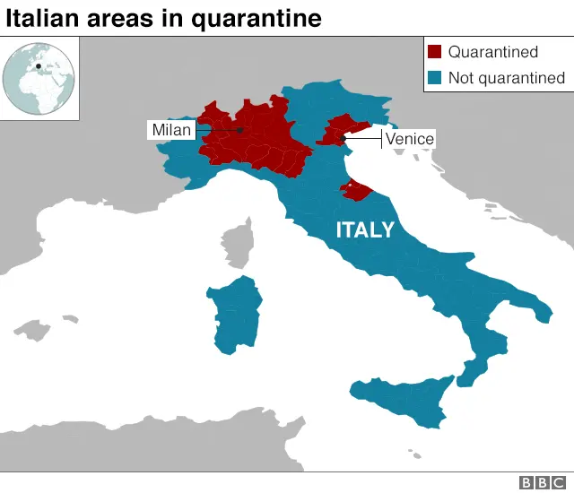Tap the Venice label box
(x=409, y=139)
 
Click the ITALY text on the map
(x=365, y=229)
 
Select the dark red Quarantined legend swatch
(x=435, y=53)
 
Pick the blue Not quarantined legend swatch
(x=435, y=78)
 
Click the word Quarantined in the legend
(x=493, y=53)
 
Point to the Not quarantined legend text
(x=507, y=78)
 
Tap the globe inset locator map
(x=40, y=79)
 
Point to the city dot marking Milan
(x=240, y=131)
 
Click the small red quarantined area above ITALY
(x=352, y=189)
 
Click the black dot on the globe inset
(x=39, y=65)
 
